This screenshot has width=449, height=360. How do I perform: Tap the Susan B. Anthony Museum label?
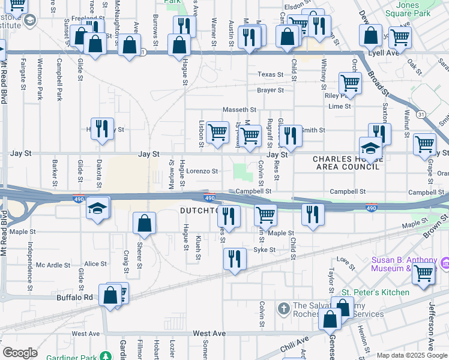click(x=403, y=264)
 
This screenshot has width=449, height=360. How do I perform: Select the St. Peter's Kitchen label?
click(x=375, y=292)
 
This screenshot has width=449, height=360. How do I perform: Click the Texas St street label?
click(x=270, y=74)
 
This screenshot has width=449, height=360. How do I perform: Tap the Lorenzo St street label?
click(x=202, y=171)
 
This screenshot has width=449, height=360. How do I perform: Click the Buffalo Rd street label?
click(x=75, y=297)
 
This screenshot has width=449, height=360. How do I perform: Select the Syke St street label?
click(x=264, y=250)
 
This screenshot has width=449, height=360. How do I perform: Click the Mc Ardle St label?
click(x=53, y=264)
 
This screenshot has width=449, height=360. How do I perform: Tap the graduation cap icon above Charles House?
click(x=370, y=147)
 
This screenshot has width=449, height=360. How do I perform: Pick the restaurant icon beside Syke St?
click(x=234, y=259)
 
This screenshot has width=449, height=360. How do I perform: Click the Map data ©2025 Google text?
click(x=411, y=355)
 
